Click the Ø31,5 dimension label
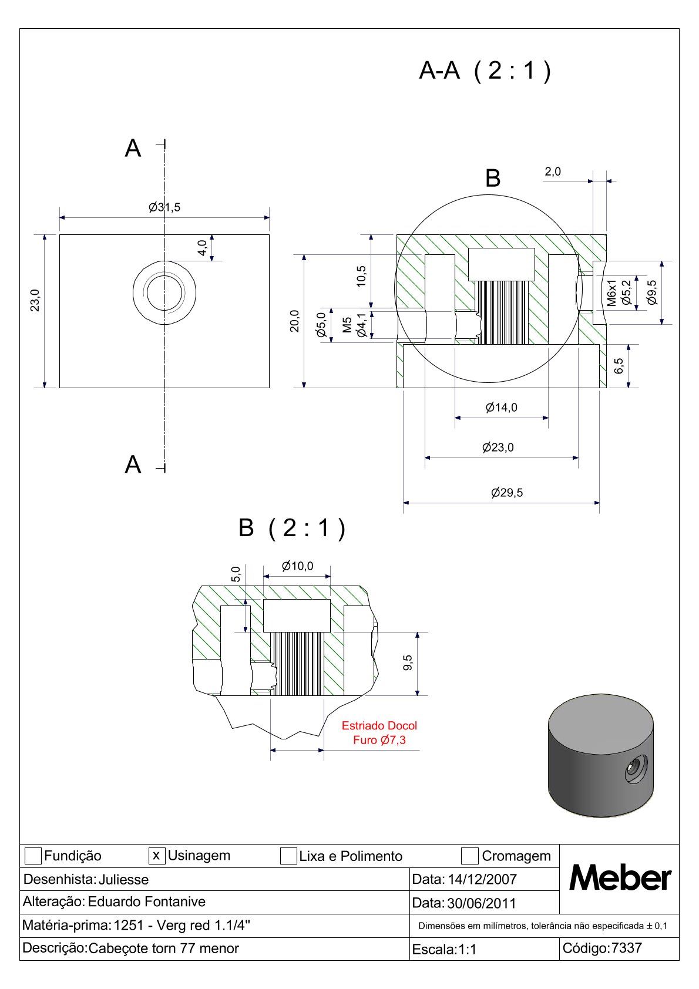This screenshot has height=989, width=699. click(164, 207)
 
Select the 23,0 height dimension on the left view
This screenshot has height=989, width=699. click(36, 300)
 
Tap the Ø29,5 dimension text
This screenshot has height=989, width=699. click(507, 492)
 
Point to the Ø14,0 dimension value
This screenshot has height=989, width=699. click(502, 407)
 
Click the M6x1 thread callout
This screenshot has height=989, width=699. click(612, 292)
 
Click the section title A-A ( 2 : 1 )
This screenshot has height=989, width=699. click(485, 70)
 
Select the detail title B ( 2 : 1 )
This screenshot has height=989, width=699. click(292, 527)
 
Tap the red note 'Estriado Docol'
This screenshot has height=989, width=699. click(379, 725)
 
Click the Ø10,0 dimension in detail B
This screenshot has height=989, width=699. click(297, 566)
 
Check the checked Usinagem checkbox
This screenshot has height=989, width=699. click(157, 856)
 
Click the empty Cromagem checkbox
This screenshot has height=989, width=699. click(470, 856)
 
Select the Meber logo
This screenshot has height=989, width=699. click(620, 879)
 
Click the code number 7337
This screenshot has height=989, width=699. click(627, 948)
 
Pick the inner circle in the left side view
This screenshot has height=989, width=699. click(164, 292)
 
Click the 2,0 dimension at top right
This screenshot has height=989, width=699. click(553, 171)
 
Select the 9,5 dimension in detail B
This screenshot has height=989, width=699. click(408, 662)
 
